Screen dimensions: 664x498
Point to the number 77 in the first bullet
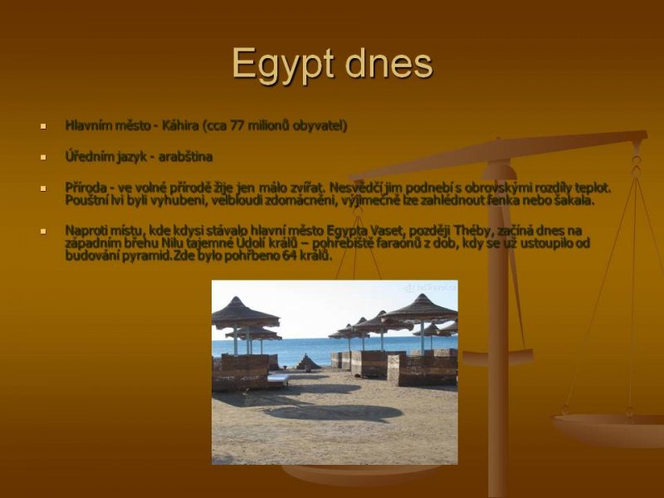tap(237, 125)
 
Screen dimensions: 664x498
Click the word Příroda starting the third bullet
tap(86, 188)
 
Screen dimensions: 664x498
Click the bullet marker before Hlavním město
tap(43, 126)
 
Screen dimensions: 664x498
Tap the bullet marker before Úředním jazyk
tap(43, 157)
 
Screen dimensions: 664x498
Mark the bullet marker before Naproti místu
tap(43, 232)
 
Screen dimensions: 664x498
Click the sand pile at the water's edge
tap(308, 362)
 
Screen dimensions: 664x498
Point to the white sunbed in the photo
tap(278, 378)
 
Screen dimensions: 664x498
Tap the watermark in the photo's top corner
tap(429, 288)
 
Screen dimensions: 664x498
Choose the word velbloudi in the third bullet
tap(237, 200)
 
